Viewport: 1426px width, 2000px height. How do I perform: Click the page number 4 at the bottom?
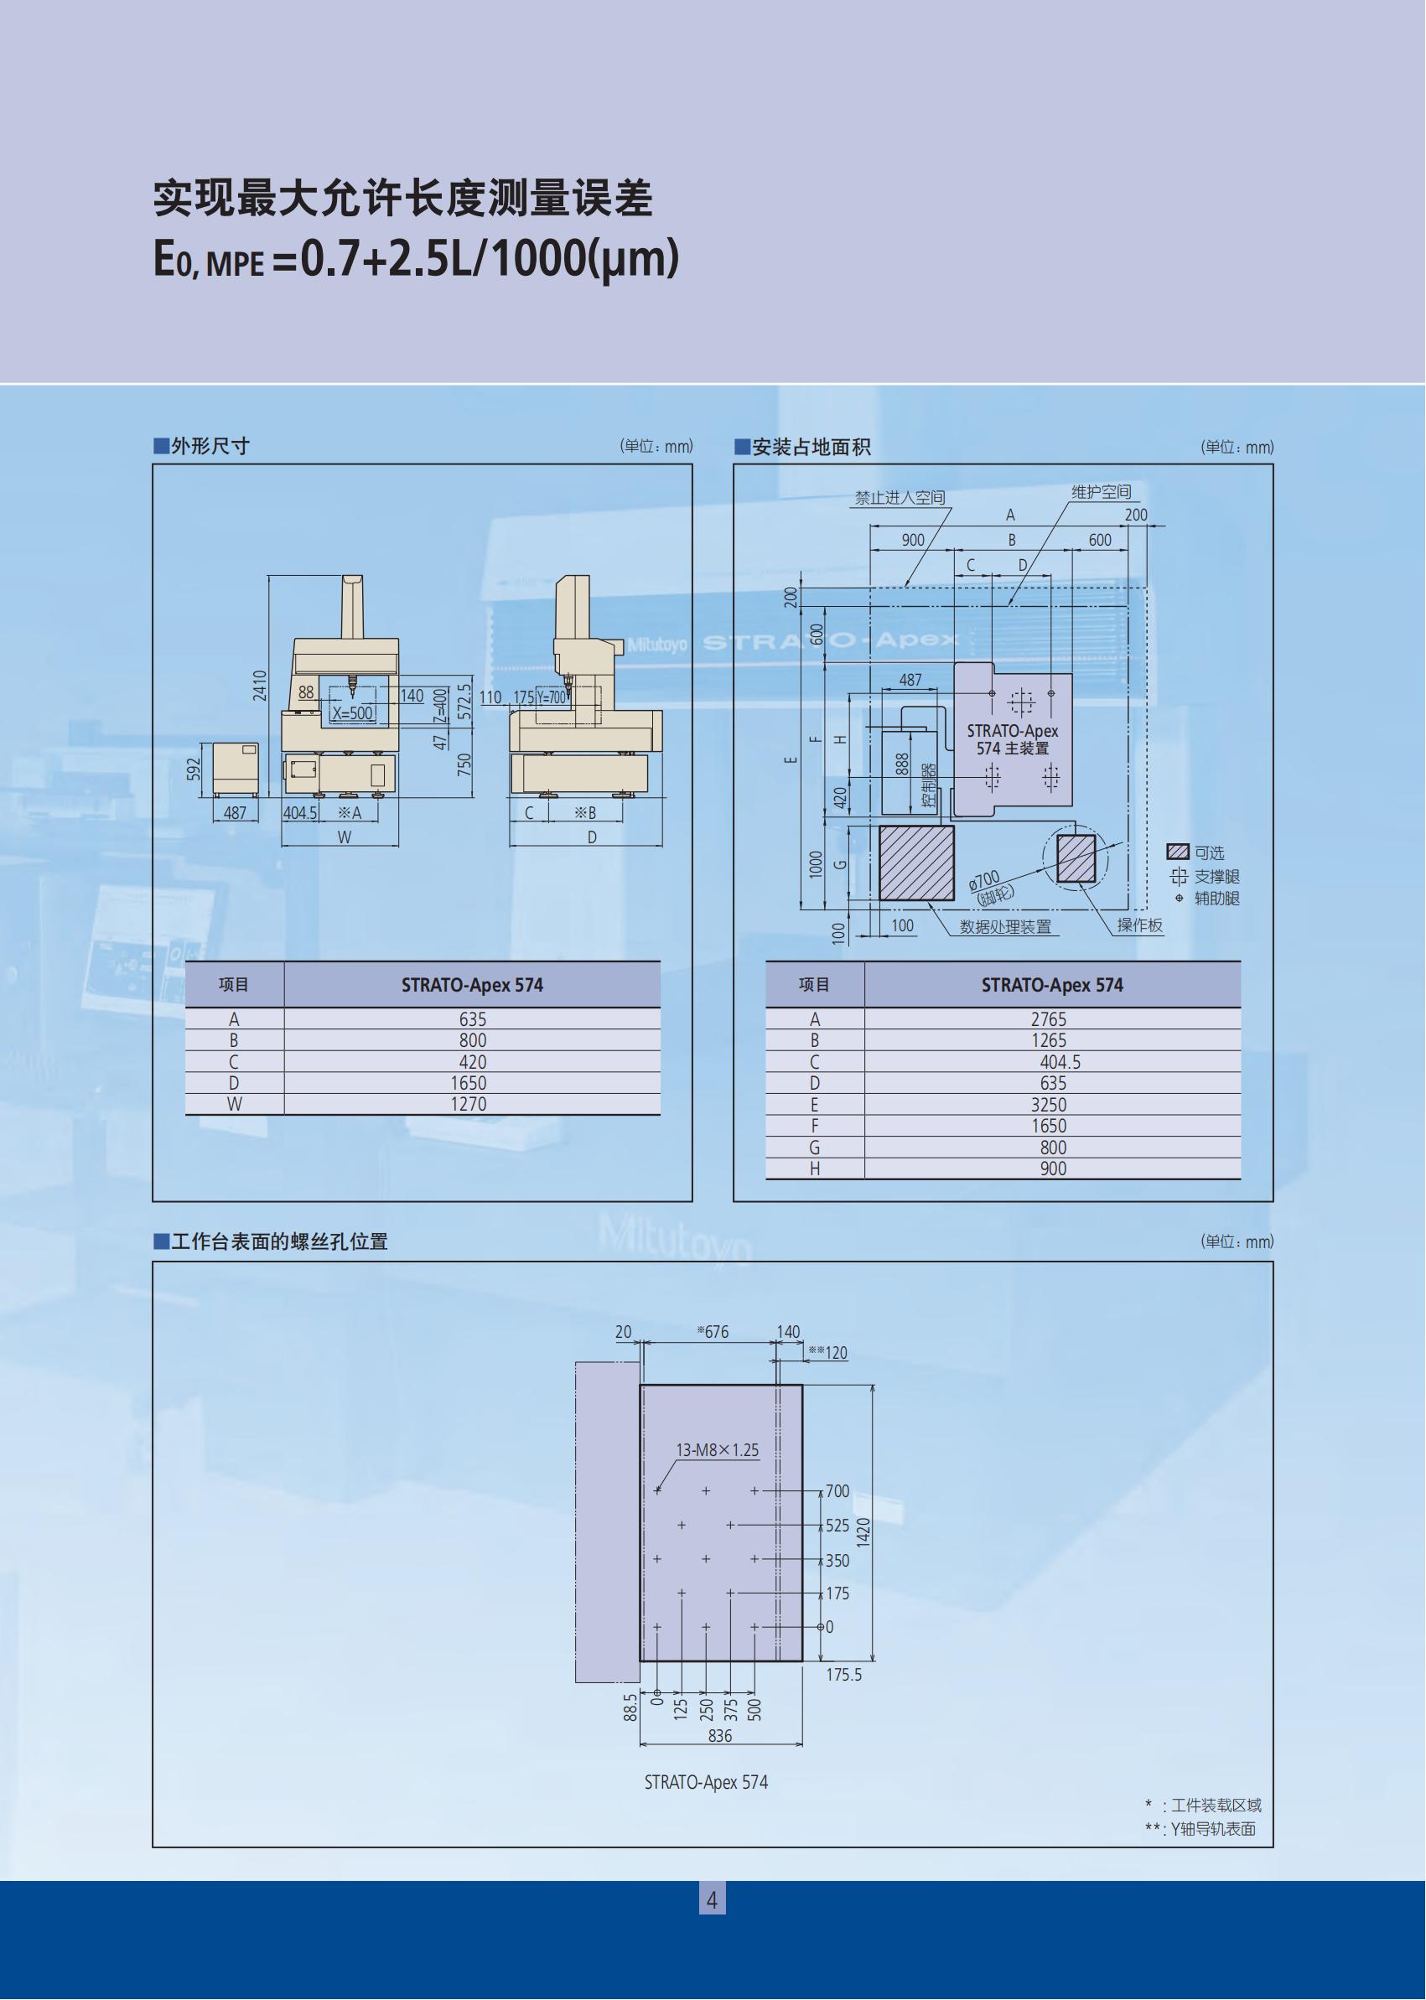(x=712, y=1901)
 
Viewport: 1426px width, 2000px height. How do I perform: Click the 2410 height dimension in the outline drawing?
(x=260, y=685)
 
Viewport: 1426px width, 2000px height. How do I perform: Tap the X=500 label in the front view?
(x=352, y=714)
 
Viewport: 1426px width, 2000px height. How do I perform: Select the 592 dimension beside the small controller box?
(x=194, y=769)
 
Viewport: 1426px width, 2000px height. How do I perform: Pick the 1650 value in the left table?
(x=468, y=1084)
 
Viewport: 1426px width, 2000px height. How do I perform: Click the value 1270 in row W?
(x=468, y=1105)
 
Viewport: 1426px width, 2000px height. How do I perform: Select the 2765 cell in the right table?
(x=1049, y=1019)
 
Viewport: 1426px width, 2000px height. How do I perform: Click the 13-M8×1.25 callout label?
(x=718, y=1450)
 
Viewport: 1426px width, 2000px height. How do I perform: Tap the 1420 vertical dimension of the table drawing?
(x=863, y=1532)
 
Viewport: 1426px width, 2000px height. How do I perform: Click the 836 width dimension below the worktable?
(x=719, y=1736)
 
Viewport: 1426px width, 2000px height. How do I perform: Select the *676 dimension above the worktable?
(x=713, y=1333)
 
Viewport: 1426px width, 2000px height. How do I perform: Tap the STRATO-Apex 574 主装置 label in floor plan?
(x=1013, y=739)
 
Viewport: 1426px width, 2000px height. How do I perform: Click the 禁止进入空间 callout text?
(x=900, y=498)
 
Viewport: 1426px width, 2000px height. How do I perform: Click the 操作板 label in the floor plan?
(x=1140, y=925)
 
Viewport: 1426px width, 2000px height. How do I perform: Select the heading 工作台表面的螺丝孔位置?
(x=279, y=1241)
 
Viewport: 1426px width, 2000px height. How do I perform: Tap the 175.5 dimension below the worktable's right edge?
(x=844, y=1674)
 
